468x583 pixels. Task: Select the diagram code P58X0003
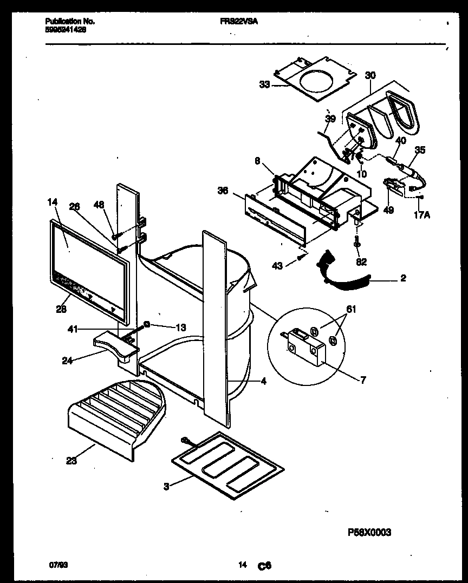coord(368,532)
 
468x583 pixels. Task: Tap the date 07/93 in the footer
coord(55,565)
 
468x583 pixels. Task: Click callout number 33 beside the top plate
coord(264,84)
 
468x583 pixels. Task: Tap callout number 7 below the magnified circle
coord(362,380)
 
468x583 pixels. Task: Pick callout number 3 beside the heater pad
coord(166,486)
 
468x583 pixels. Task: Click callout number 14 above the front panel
coord(52,203)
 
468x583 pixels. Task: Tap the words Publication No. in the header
coord(70,21)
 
